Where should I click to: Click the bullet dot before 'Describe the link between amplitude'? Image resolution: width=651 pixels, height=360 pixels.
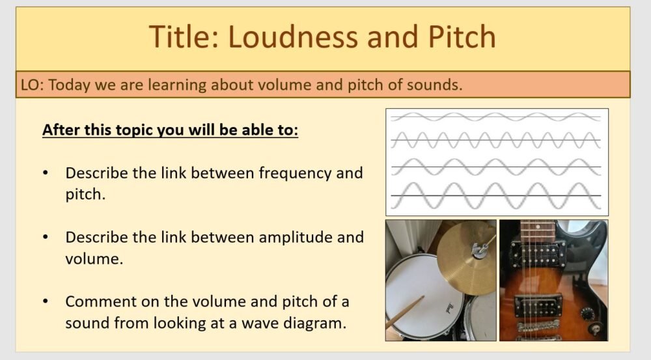tap(45, 238)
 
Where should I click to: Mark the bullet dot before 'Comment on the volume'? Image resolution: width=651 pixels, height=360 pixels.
tap(45, 302)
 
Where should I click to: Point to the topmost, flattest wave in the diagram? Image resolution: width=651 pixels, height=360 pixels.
tap(496, 117)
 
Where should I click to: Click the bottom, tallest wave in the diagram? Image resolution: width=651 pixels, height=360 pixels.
tap(496, 195)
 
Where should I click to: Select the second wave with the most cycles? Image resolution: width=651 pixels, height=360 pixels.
tap(496, 139)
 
